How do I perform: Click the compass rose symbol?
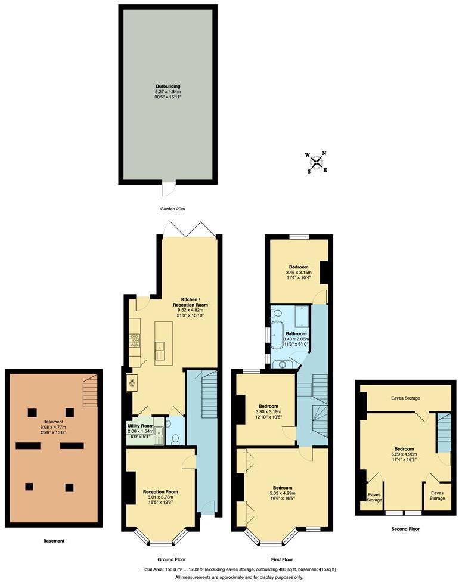coord(317,162)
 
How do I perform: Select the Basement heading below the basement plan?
coord(54,541)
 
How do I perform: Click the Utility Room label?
coord(141,426)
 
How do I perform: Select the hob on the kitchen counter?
coord(134,340)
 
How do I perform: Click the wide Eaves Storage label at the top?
coord(405,397)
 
